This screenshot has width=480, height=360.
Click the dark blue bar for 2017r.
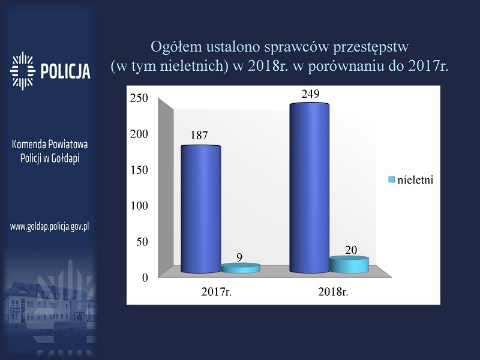click(x=201, y=209)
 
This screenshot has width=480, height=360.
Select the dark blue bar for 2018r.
click(x=309, y=188)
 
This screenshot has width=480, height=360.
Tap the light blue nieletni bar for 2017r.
click(x=241, y=268)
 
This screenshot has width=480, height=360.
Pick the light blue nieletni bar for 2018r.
click(x=349, y=265)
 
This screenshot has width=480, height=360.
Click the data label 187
click(x=199, y=136)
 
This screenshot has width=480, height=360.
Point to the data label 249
click(x=310, y=94)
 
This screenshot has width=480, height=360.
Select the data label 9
click(x=239, y=257)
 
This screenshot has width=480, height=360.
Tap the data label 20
click(x=351, y=250)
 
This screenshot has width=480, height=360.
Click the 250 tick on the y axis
click(x=139, y=98)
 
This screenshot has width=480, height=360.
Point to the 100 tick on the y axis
click(x=139, y=206)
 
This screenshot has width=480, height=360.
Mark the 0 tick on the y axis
click(x=145, y=278)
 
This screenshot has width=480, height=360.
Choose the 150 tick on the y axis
click(x=139, y=170)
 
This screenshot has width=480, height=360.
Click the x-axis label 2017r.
click(x=217, y=292)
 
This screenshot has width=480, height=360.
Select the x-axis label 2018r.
click(x=334, y=292)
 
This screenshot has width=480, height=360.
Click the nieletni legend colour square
click(x=391, y=179)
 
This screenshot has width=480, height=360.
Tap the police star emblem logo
click(x=23, y=71)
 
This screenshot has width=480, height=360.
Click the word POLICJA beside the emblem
click(x=65, y=71)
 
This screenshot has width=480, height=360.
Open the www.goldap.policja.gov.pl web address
click(x=50, y=227)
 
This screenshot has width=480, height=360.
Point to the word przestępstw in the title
click(x=371, y=47)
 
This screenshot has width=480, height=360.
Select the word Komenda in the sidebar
click(x=28, y=144)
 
